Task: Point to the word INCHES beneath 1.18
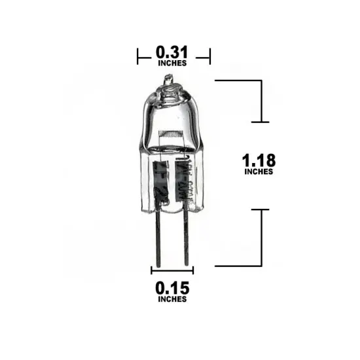click(258, 172)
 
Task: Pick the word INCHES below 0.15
click(171, 299)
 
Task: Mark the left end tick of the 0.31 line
click(138, 56)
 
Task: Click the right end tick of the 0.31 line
click(209, 56)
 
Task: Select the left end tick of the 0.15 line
click(152, 270)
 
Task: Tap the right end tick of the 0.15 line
click(192, 270)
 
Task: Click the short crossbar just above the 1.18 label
click(261, 122)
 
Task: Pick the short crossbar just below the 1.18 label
click(261, 209)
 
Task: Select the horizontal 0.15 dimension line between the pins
click(172, 270)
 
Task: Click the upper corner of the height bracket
click(261, 81)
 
